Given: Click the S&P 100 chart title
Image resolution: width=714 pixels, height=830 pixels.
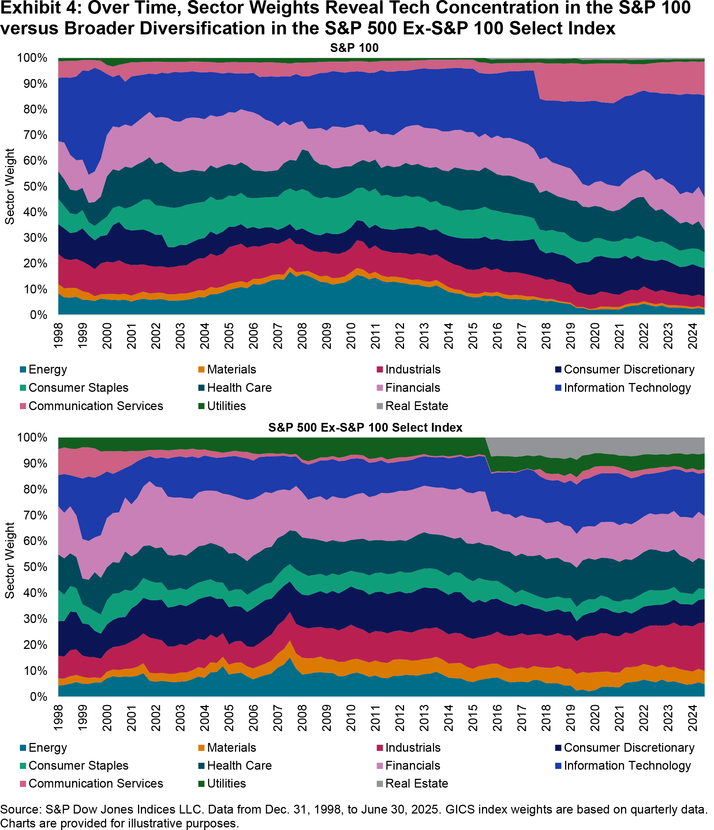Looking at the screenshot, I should (x=354, y=48).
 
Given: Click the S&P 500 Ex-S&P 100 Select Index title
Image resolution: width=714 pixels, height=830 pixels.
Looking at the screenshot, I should (x=365, y=428).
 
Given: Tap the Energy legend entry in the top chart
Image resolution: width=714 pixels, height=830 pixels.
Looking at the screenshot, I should (x=47, y=369).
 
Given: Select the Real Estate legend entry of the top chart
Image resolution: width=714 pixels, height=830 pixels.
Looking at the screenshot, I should (x=416, y=406).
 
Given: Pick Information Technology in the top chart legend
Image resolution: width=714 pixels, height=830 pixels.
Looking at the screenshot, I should (x=627, y=388).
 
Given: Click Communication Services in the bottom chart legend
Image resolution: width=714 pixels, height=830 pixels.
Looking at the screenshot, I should (x=96, y=783).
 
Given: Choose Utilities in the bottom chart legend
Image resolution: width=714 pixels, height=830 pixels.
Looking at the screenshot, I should (x=226, y=783).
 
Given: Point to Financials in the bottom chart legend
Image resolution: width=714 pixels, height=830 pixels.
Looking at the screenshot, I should (x=412, y=765).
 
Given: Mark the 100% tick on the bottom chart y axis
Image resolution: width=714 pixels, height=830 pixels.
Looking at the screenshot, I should (x=33, y=437).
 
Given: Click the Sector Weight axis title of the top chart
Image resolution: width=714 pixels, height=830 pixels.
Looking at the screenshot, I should (x=10, y=187).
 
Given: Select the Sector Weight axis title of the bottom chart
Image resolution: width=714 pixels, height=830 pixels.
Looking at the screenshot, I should (x=10, y=561).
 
